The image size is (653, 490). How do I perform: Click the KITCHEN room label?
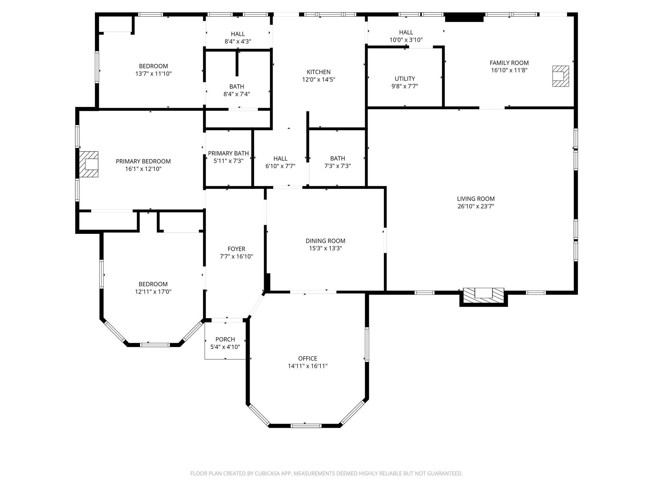click(319, 72)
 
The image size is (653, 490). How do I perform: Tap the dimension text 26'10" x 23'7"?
click(476, 206)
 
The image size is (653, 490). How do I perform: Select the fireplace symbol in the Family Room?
click(561, 76)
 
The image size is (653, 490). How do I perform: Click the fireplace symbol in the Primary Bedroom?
click(89, 164)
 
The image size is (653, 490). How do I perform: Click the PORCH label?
click(225, 339)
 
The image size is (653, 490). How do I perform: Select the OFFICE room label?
click(308, 359)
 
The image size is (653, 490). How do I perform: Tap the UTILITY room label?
click(405, 79)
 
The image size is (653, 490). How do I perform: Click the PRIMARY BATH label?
click(228, 153)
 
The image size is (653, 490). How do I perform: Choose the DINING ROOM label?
click(326, 241)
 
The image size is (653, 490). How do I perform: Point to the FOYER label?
click(237, 249)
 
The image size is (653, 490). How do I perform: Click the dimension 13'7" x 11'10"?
click(153, 74)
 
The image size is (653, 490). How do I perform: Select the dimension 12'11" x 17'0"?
click(153, 292)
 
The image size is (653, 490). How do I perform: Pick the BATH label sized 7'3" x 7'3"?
click(338, 158)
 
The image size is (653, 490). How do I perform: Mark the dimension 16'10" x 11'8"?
click(509, 70)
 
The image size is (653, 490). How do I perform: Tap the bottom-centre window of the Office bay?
click(306, 426)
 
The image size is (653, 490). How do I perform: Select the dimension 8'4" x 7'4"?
click(237, 94)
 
